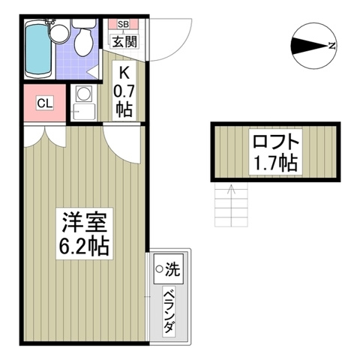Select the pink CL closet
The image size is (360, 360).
click(x=43, y=103)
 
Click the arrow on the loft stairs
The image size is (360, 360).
click(x=231, y=189)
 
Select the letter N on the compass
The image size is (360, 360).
click(x=331, y=46)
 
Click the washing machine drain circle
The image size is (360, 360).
click(x=160, y=267)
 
